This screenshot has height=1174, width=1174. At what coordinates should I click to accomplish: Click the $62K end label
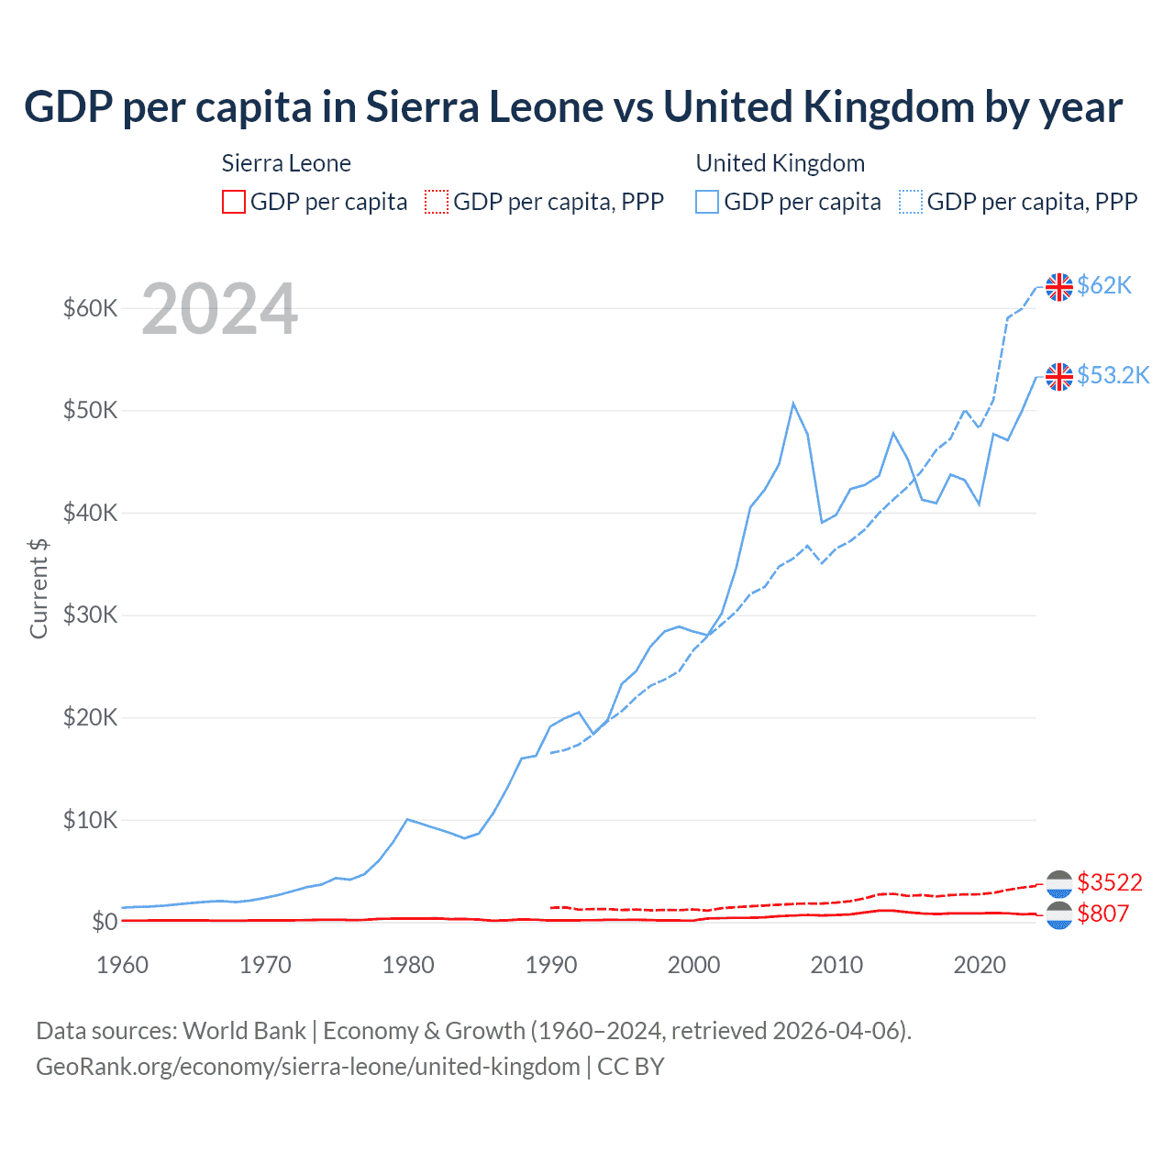(1104, 285)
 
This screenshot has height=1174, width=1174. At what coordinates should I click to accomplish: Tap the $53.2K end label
(1113, 375)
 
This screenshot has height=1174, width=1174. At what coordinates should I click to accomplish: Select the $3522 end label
(1110, 882)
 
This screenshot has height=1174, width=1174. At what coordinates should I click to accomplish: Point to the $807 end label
(1102, 914)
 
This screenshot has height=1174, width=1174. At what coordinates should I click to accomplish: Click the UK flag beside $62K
(1059, 287)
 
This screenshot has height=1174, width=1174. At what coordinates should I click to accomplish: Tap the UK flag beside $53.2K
(1059, 376)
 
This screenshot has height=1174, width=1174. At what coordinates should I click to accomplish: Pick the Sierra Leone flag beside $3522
(1059, 883)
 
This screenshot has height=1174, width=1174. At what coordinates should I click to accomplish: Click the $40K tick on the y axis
(90, 513)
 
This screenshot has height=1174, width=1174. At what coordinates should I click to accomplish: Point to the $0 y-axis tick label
(105, 922)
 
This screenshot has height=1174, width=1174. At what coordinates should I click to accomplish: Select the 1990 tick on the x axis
(551, 965)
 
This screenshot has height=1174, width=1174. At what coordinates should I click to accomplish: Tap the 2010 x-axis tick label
(836, 965)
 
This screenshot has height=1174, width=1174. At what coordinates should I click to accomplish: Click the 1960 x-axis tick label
(123, 965)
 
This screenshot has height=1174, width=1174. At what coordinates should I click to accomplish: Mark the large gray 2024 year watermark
(219, 309)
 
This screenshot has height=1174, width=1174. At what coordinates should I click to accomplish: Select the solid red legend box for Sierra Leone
(234, 202)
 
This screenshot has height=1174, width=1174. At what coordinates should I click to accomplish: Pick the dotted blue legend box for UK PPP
(910, 202)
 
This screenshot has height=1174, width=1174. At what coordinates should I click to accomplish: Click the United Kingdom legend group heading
(780, 163)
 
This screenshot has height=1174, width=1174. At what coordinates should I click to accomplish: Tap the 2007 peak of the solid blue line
(793, 403)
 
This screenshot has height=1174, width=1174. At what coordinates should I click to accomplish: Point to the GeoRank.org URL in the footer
(307, 1067)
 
